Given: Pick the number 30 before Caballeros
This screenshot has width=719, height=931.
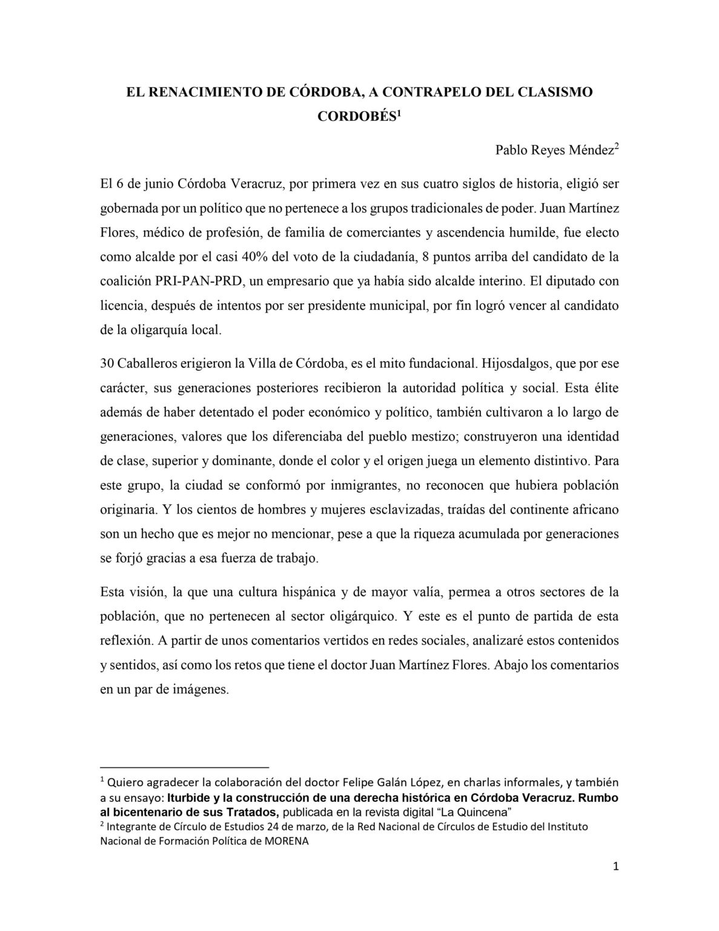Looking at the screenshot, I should (107, 364).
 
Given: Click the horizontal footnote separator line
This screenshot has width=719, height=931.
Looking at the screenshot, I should (184, 766).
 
